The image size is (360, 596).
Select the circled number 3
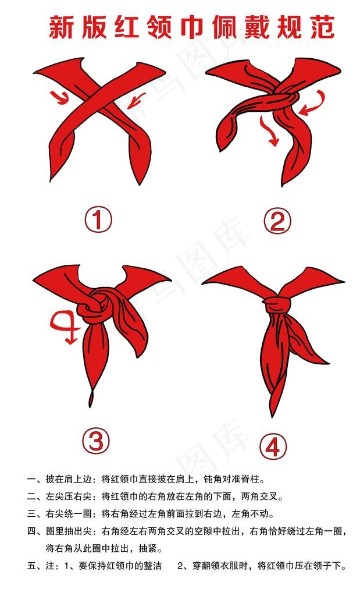pyautogui.click(x=96, y=442)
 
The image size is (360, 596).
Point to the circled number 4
pyautogui.click(x=273, y=446)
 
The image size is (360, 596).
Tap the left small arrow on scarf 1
pyautogui.click(x=60, y=98)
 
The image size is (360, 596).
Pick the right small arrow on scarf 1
pyautogui.click(x=137, y=100)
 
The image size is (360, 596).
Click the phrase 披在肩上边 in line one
pyautogui.click(x=69, y=479)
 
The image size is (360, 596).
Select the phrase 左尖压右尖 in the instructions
pyautogui.click(x=69, y=496)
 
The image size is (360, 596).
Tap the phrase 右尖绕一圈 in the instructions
pyautogui.click(x=69, y=514)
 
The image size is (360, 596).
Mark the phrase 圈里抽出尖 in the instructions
pyautogui.click(x=69, y=531)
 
